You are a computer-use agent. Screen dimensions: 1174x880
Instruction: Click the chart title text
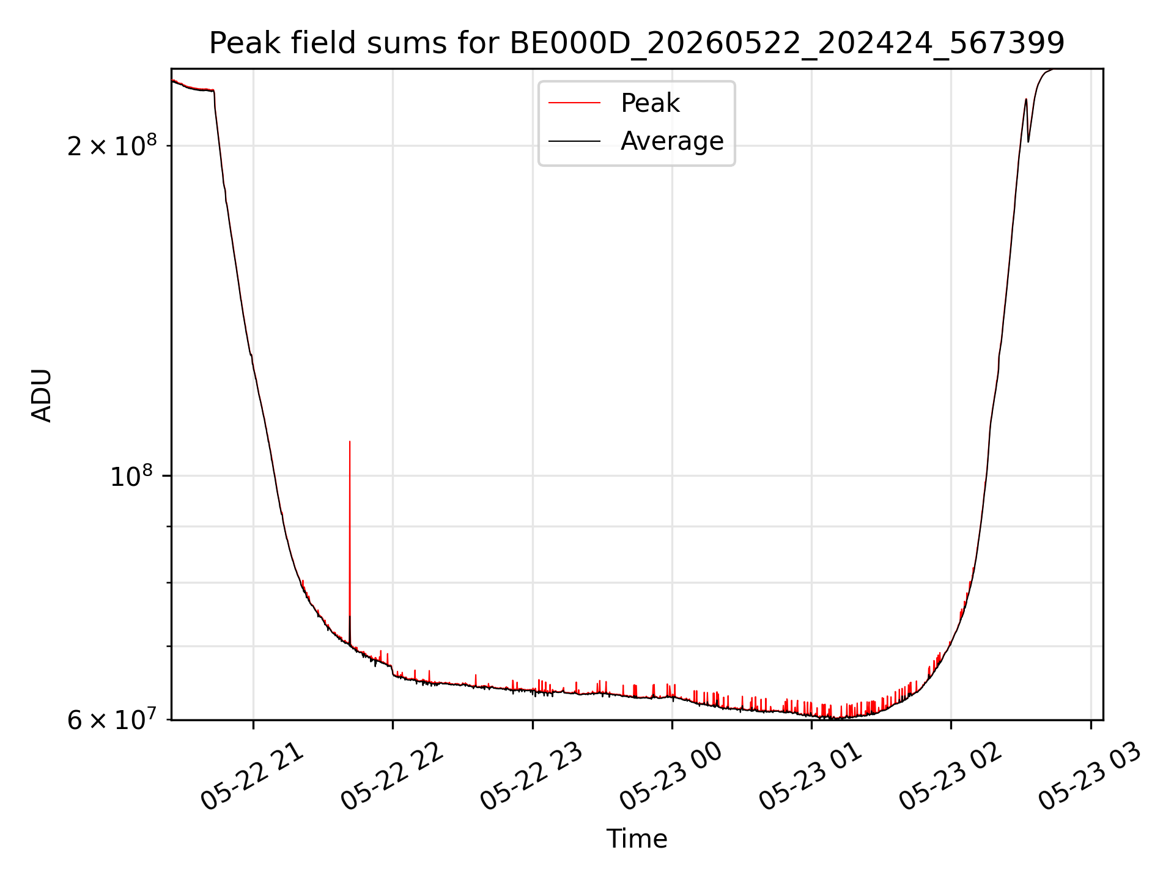(x=637, y=43)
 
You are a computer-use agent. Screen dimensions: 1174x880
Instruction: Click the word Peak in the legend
(x=650, y=103)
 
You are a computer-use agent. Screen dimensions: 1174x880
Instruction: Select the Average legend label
(x=672, y=141)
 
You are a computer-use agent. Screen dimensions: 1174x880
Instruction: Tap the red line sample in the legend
(x=574, y=103)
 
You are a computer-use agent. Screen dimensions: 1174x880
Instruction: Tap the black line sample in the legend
(x=574, y=141)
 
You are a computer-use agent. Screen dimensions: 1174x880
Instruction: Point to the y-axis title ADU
(x=42, y=395)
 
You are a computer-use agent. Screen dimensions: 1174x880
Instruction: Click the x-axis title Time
(x=637, y=839)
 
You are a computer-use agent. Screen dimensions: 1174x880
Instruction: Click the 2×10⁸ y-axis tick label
(x=112, y=145)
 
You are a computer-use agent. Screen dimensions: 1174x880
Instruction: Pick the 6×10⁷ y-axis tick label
(x=112, y=719)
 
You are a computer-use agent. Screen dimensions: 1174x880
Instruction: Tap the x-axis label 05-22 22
(x=391, y=776)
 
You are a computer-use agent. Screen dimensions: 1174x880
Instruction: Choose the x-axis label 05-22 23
(x=531, y=776)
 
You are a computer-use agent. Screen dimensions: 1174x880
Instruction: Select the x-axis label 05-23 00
(x=671, y=776)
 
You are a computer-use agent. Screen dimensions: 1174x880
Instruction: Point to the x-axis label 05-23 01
(x=810, y=776)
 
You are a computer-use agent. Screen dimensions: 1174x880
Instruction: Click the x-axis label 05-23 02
(x=950, y=776)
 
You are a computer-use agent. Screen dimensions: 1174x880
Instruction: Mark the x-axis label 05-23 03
(x=1090, y=776)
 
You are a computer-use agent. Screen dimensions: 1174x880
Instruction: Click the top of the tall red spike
(x=350, y=441)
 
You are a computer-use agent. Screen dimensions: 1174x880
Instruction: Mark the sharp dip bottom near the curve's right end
(x=1028, y=142)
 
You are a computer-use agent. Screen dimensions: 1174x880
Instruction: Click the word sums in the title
(x=432, y=43)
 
